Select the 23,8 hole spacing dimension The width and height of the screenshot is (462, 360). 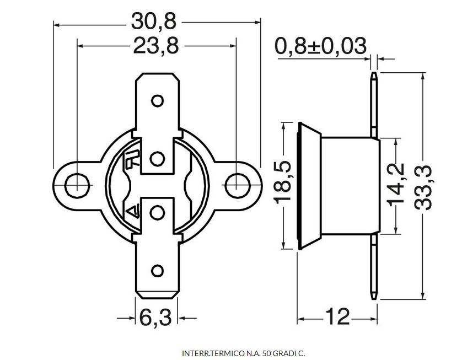156,47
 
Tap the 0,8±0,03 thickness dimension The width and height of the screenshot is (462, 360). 320,46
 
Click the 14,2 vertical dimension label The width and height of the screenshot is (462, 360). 396,185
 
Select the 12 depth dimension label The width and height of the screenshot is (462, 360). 337,317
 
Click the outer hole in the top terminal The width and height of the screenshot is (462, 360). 158,101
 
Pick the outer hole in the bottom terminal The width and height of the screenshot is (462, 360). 158,270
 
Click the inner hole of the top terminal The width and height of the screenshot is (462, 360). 158,159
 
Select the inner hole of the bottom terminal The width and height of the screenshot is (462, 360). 158,211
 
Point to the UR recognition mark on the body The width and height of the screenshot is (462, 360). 132,160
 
